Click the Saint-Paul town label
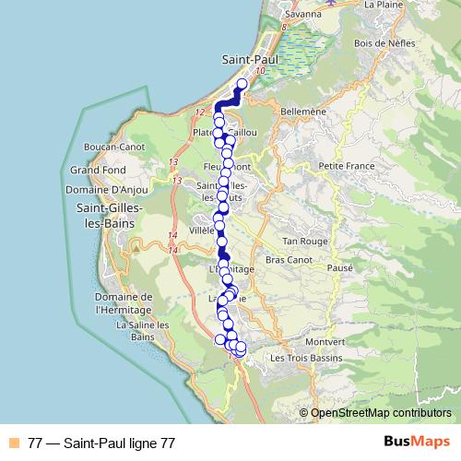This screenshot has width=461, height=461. click(x=251, y=58)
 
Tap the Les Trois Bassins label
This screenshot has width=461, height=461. click(x=304, y=357)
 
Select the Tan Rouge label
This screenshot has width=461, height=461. click(x=304, y=241)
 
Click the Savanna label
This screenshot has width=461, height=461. click(x=302, y=14)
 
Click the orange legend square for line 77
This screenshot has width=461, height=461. click(x=15, y=442)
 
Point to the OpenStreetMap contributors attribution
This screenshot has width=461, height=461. click(x=381, y=413)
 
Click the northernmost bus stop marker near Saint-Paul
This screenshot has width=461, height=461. click(x=242, y=85)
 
